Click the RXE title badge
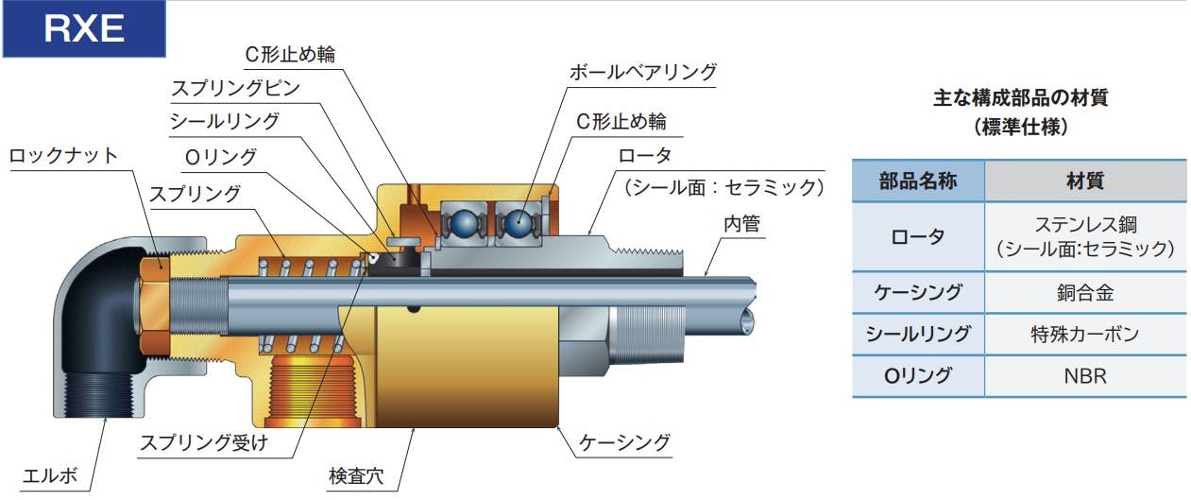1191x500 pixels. click(83, 28)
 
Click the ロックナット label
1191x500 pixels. click(63, 155)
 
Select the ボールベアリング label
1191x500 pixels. click(642, 72)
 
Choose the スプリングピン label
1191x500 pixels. click(235, 89)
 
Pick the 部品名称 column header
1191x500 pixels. click(917, 181)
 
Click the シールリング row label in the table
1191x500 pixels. click(917, 335)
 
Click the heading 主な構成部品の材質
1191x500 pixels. click(1020, 97)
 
